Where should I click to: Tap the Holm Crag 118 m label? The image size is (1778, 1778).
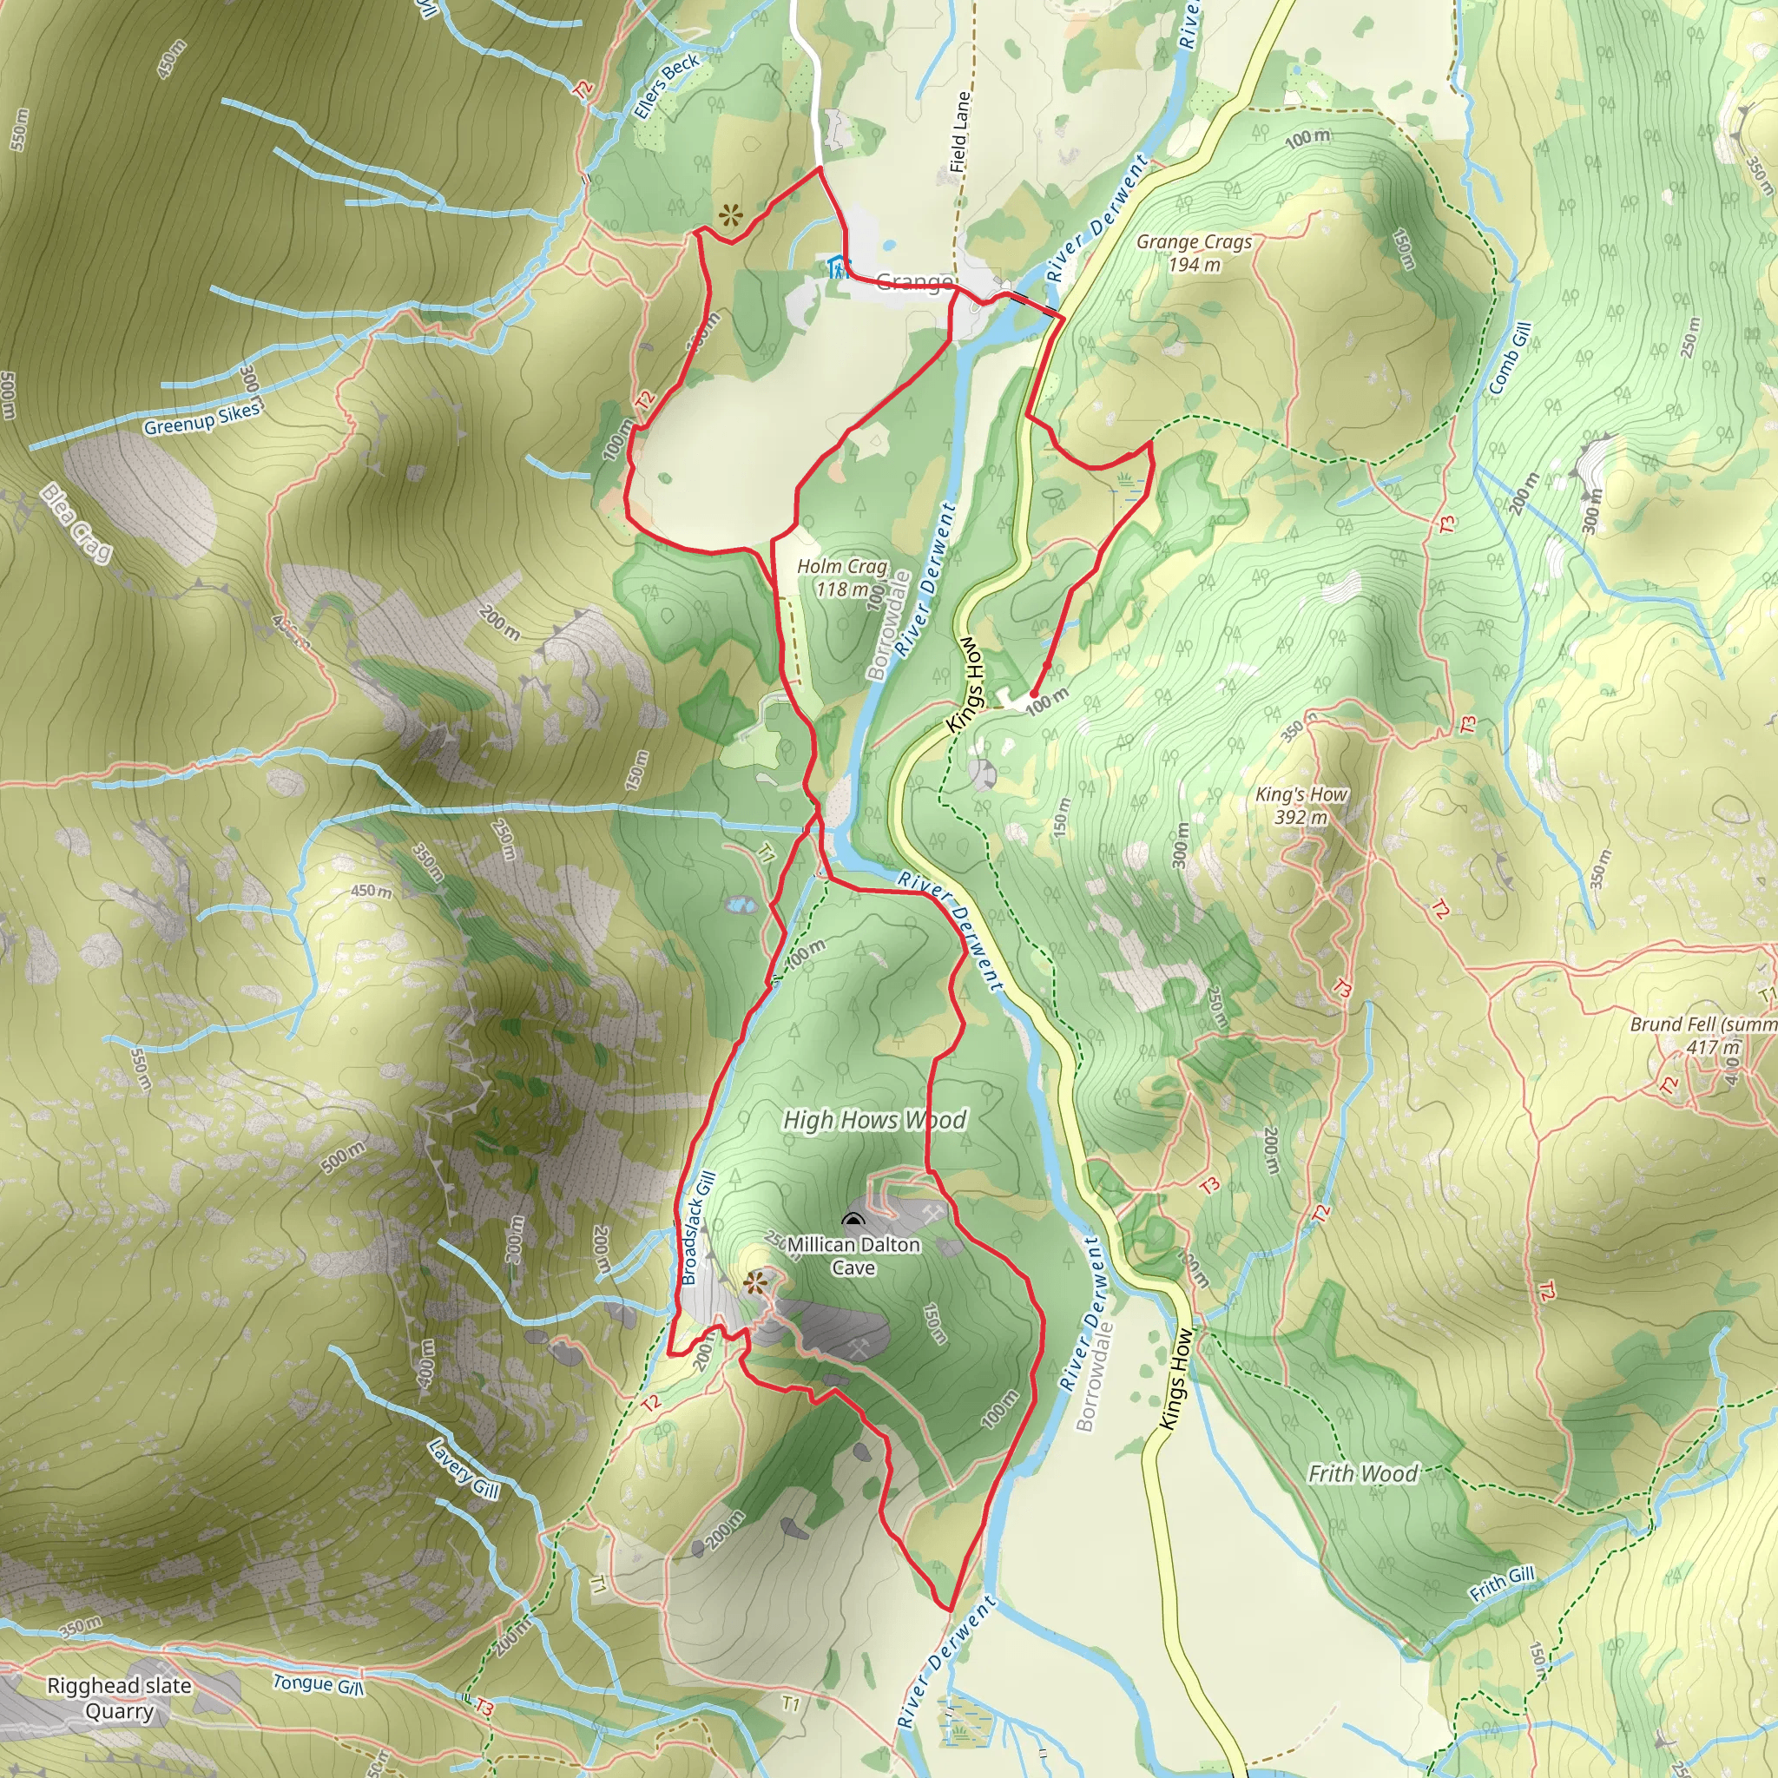pos(842,577)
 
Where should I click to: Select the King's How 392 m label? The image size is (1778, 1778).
pos(1301,806)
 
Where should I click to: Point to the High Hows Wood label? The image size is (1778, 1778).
pos(874,1120)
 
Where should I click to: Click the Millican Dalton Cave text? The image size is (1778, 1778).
pos(853,1255)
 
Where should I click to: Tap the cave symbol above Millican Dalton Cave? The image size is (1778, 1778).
pos(854,1222)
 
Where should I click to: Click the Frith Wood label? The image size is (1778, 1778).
pos(1362,1473)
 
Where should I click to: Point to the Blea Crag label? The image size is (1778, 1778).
pos(76,523)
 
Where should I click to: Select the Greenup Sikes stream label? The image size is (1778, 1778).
pos(201,418)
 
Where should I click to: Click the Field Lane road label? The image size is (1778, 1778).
pos(960,132)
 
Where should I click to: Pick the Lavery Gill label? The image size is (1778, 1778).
pos(464,1468)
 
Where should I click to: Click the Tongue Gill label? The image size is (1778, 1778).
pos(319,1684)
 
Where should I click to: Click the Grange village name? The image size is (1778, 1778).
pos(913,280)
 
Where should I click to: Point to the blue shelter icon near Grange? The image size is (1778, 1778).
pos(837,267)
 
